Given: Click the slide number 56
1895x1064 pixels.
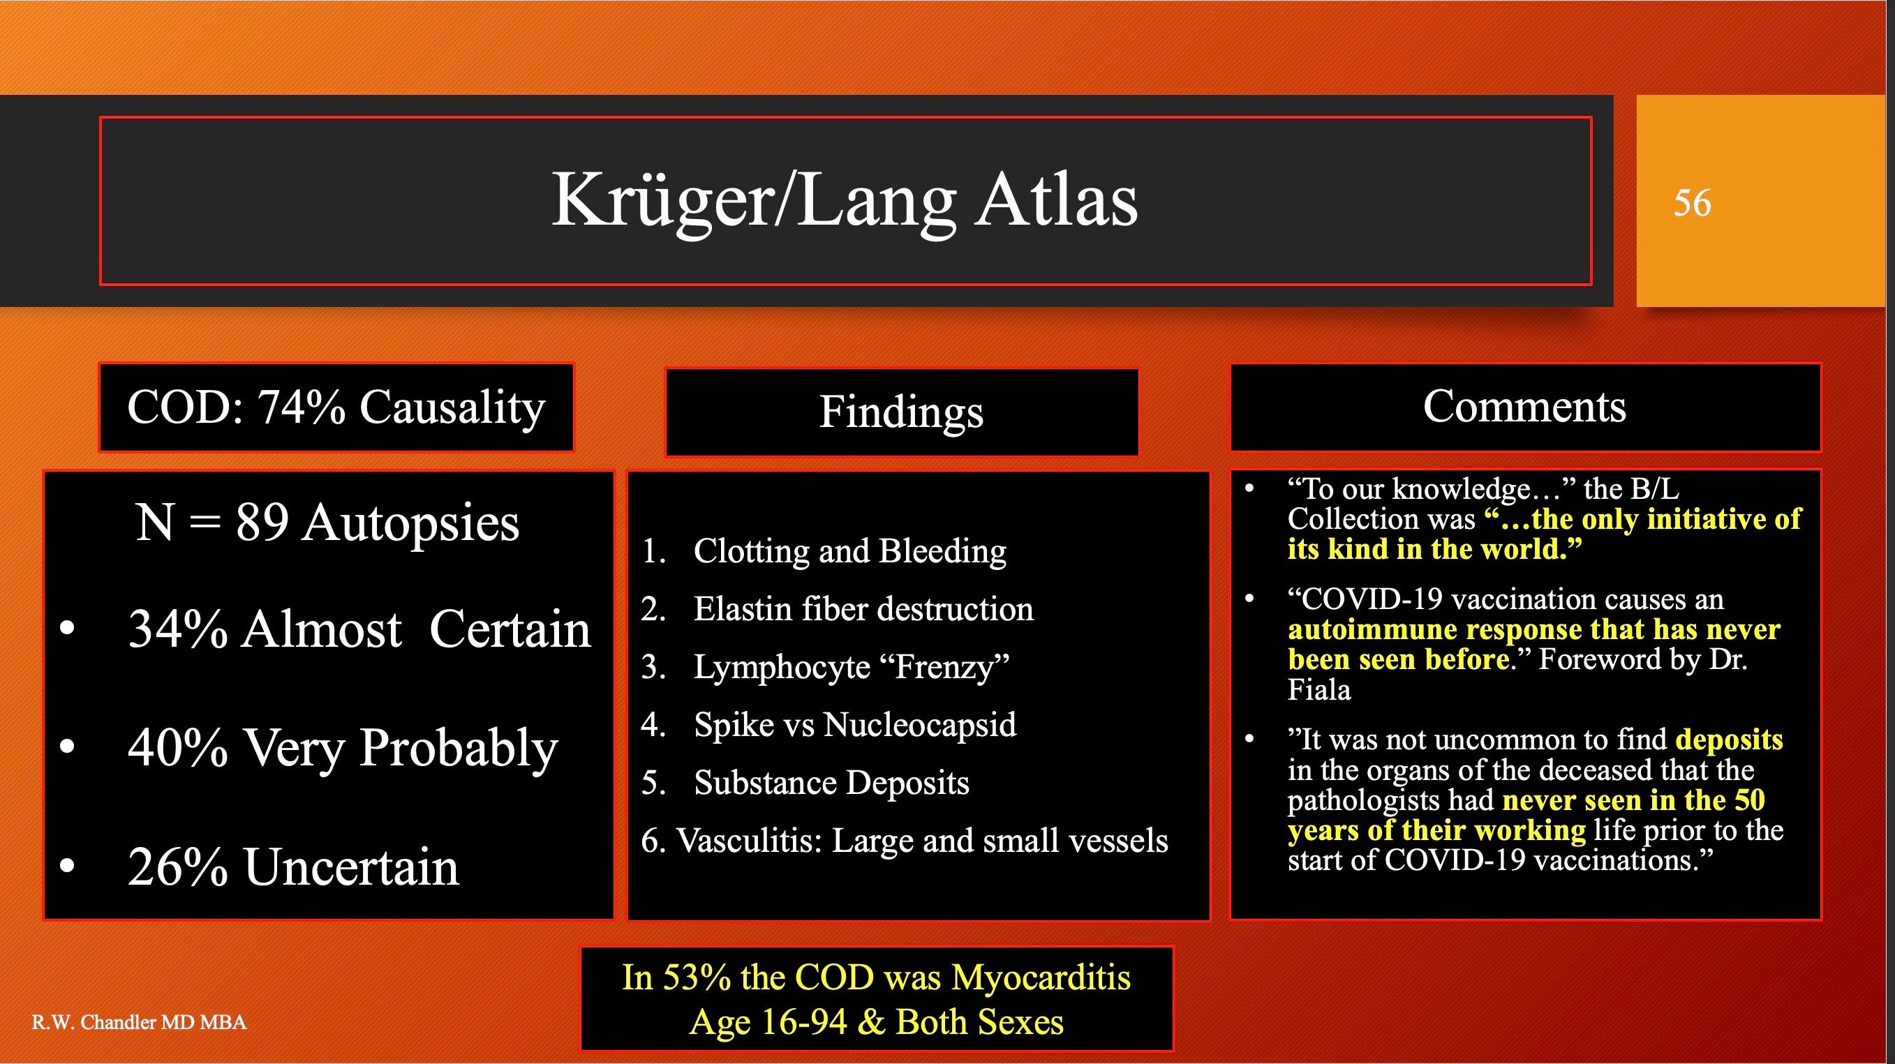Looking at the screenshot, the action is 1692,202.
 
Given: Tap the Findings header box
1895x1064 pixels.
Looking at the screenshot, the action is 901,412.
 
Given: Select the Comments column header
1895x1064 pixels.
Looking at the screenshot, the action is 1525,407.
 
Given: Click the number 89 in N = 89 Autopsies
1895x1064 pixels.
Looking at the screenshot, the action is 262,522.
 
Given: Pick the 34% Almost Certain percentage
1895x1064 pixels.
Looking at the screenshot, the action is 177,629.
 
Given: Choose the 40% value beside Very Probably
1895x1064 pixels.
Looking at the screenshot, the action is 177,747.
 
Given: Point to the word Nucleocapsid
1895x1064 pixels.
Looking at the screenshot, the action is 919,725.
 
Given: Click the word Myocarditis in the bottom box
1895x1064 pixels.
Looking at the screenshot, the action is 1040,977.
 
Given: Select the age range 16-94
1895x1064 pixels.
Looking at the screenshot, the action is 804,1022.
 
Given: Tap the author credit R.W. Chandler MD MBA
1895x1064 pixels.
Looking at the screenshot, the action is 139,1022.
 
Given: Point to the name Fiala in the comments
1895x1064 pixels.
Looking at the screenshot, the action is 1319,690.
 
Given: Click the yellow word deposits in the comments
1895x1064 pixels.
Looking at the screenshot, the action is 1730,740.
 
